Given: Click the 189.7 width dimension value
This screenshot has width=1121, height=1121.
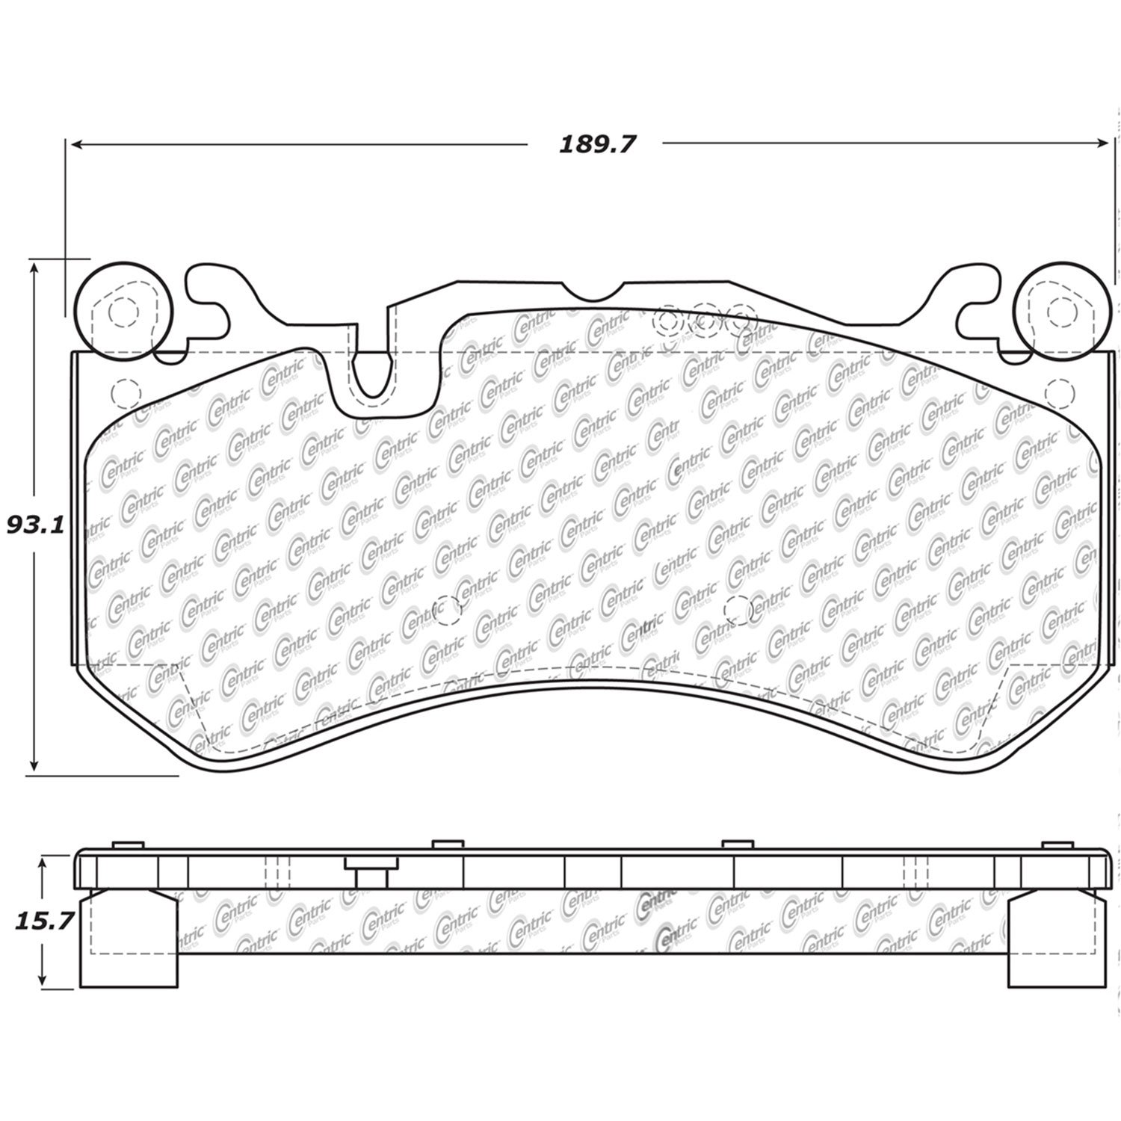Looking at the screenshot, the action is pyautogui.click(x=596, y=144).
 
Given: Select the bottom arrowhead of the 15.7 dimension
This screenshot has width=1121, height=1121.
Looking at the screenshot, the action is pyautogui.click(x=44, y=980).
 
